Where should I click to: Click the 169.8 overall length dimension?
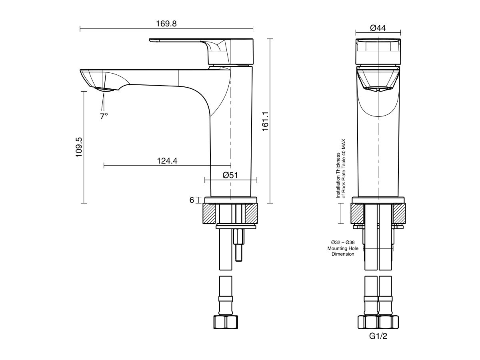(x=166, y=24)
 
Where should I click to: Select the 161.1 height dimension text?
(x=265, y=120)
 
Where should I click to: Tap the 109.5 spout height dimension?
(x=78, y=147)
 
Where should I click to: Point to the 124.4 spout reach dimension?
(x=167, y=161)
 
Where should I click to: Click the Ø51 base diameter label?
(x=230, y=175)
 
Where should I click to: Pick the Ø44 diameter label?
(x=378, y=28)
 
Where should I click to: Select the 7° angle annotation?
(x=104, y=116)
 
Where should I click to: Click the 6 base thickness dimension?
(x=192, y=200)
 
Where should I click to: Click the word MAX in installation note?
(x=342, y=145)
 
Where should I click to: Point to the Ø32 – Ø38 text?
(x=343, y=242)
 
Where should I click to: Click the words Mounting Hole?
(x=343, y=248)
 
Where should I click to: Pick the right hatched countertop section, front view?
(x=399, y=213)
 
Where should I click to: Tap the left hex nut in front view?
(x=367, y=322)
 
